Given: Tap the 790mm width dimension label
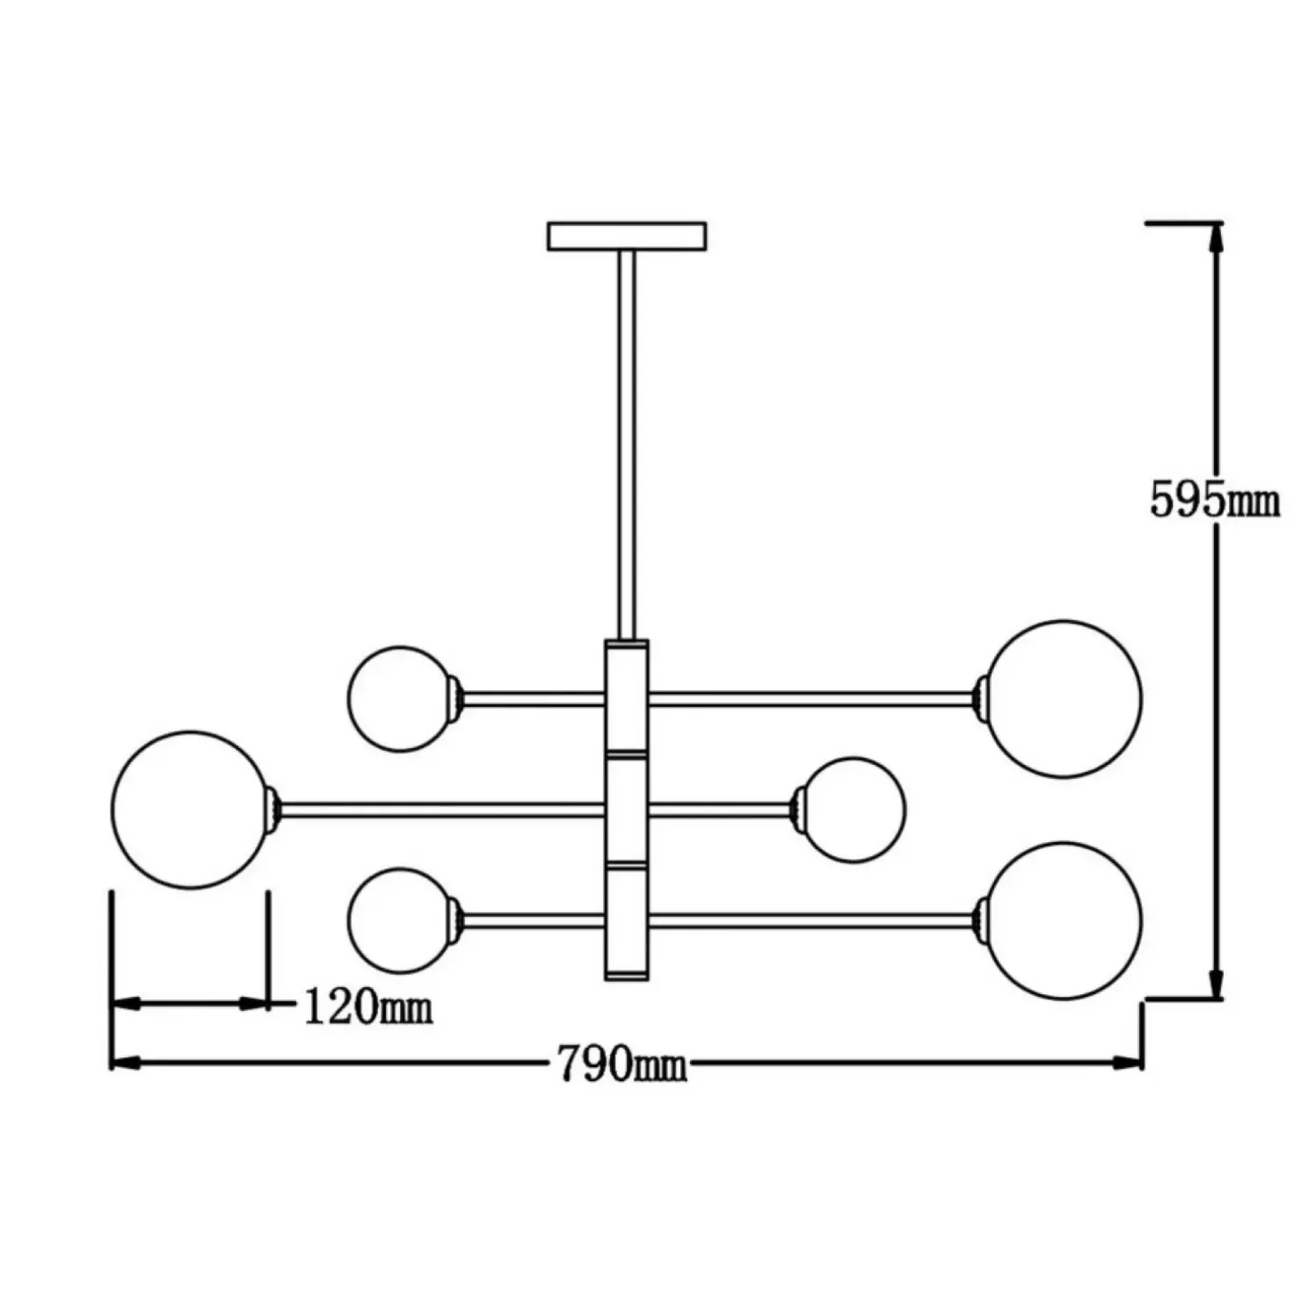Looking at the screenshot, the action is click(622, 1065).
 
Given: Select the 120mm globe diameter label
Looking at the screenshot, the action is click(368, 1007).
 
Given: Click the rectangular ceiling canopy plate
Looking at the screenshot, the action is click(627, 236).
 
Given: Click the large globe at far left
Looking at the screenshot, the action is click(191, 810).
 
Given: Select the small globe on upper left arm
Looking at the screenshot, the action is click(401, 699).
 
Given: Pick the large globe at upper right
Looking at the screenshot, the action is click(1063, 699).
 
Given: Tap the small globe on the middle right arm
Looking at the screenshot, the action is click(853, 810).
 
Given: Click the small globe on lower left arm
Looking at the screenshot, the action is click(401, 920).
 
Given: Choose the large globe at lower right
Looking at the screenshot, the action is click(1063, 920).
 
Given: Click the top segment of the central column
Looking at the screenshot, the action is click(627, 699).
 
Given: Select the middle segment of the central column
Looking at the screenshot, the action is click(627, 810).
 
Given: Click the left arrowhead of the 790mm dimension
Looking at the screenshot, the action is click(127, 1063).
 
